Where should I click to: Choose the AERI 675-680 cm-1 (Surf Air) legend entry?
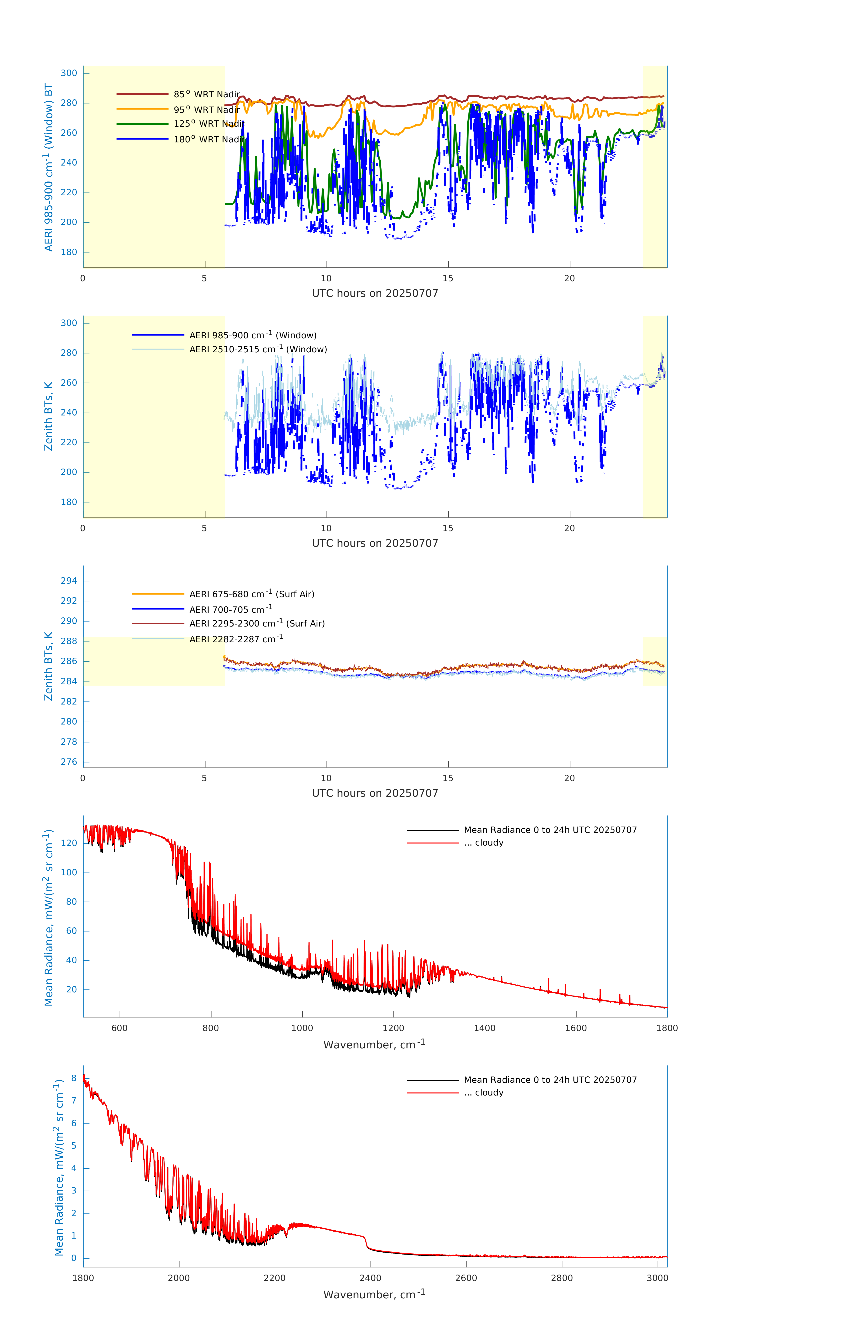251,594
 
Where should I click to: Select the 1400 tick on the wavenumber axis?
484,1028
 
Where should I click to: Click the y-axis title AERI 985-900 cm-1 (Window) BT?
49,167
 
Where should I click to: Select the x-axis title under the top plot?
375,293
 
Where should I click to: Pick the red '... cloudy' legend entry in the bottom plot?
483,1093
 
